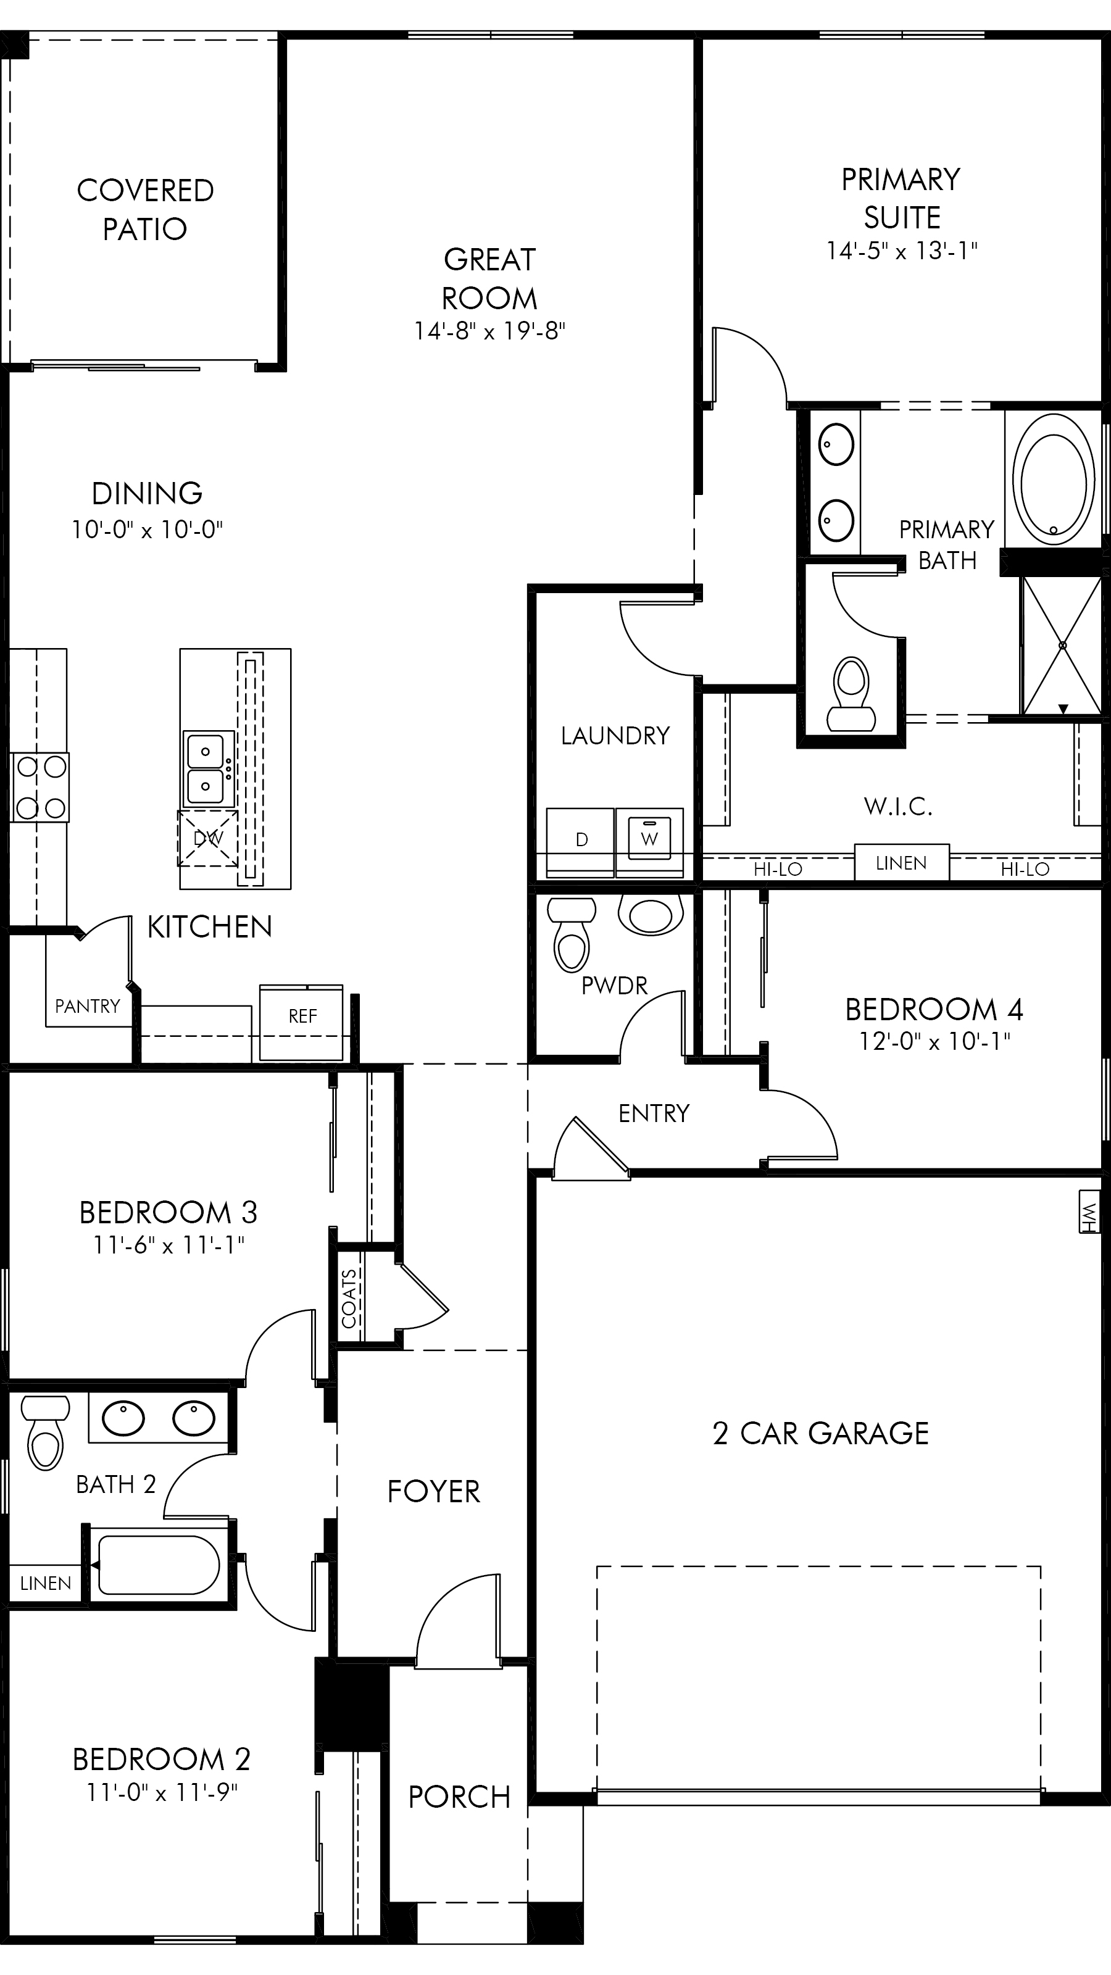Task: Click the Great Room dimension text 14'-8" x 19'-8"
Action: point(490,331)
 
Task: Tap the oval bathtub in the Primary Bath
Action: point(1054,480)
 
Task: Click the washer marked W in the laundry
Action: point(649,842)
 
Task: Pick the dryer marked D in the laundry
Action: point(580,842)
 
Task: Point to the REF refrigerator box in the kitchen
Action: point(301,1023)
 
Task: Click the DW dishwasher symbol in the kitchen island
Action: point(208,838)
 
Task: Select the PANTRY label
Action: point(88,1006)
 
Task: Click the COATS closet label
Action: point(349,1298)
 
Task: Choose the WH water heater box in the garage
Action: point(1089,1212)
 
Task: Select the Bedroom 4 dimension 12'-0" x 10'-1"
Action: point(934,1041)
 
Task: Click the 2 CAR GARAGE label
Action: point(820,1433)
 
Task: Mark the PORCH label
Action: point(459,1797)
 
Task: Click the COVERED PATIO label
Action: point(145,209)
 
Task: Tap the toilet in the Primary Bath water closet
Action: point(851,694)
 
